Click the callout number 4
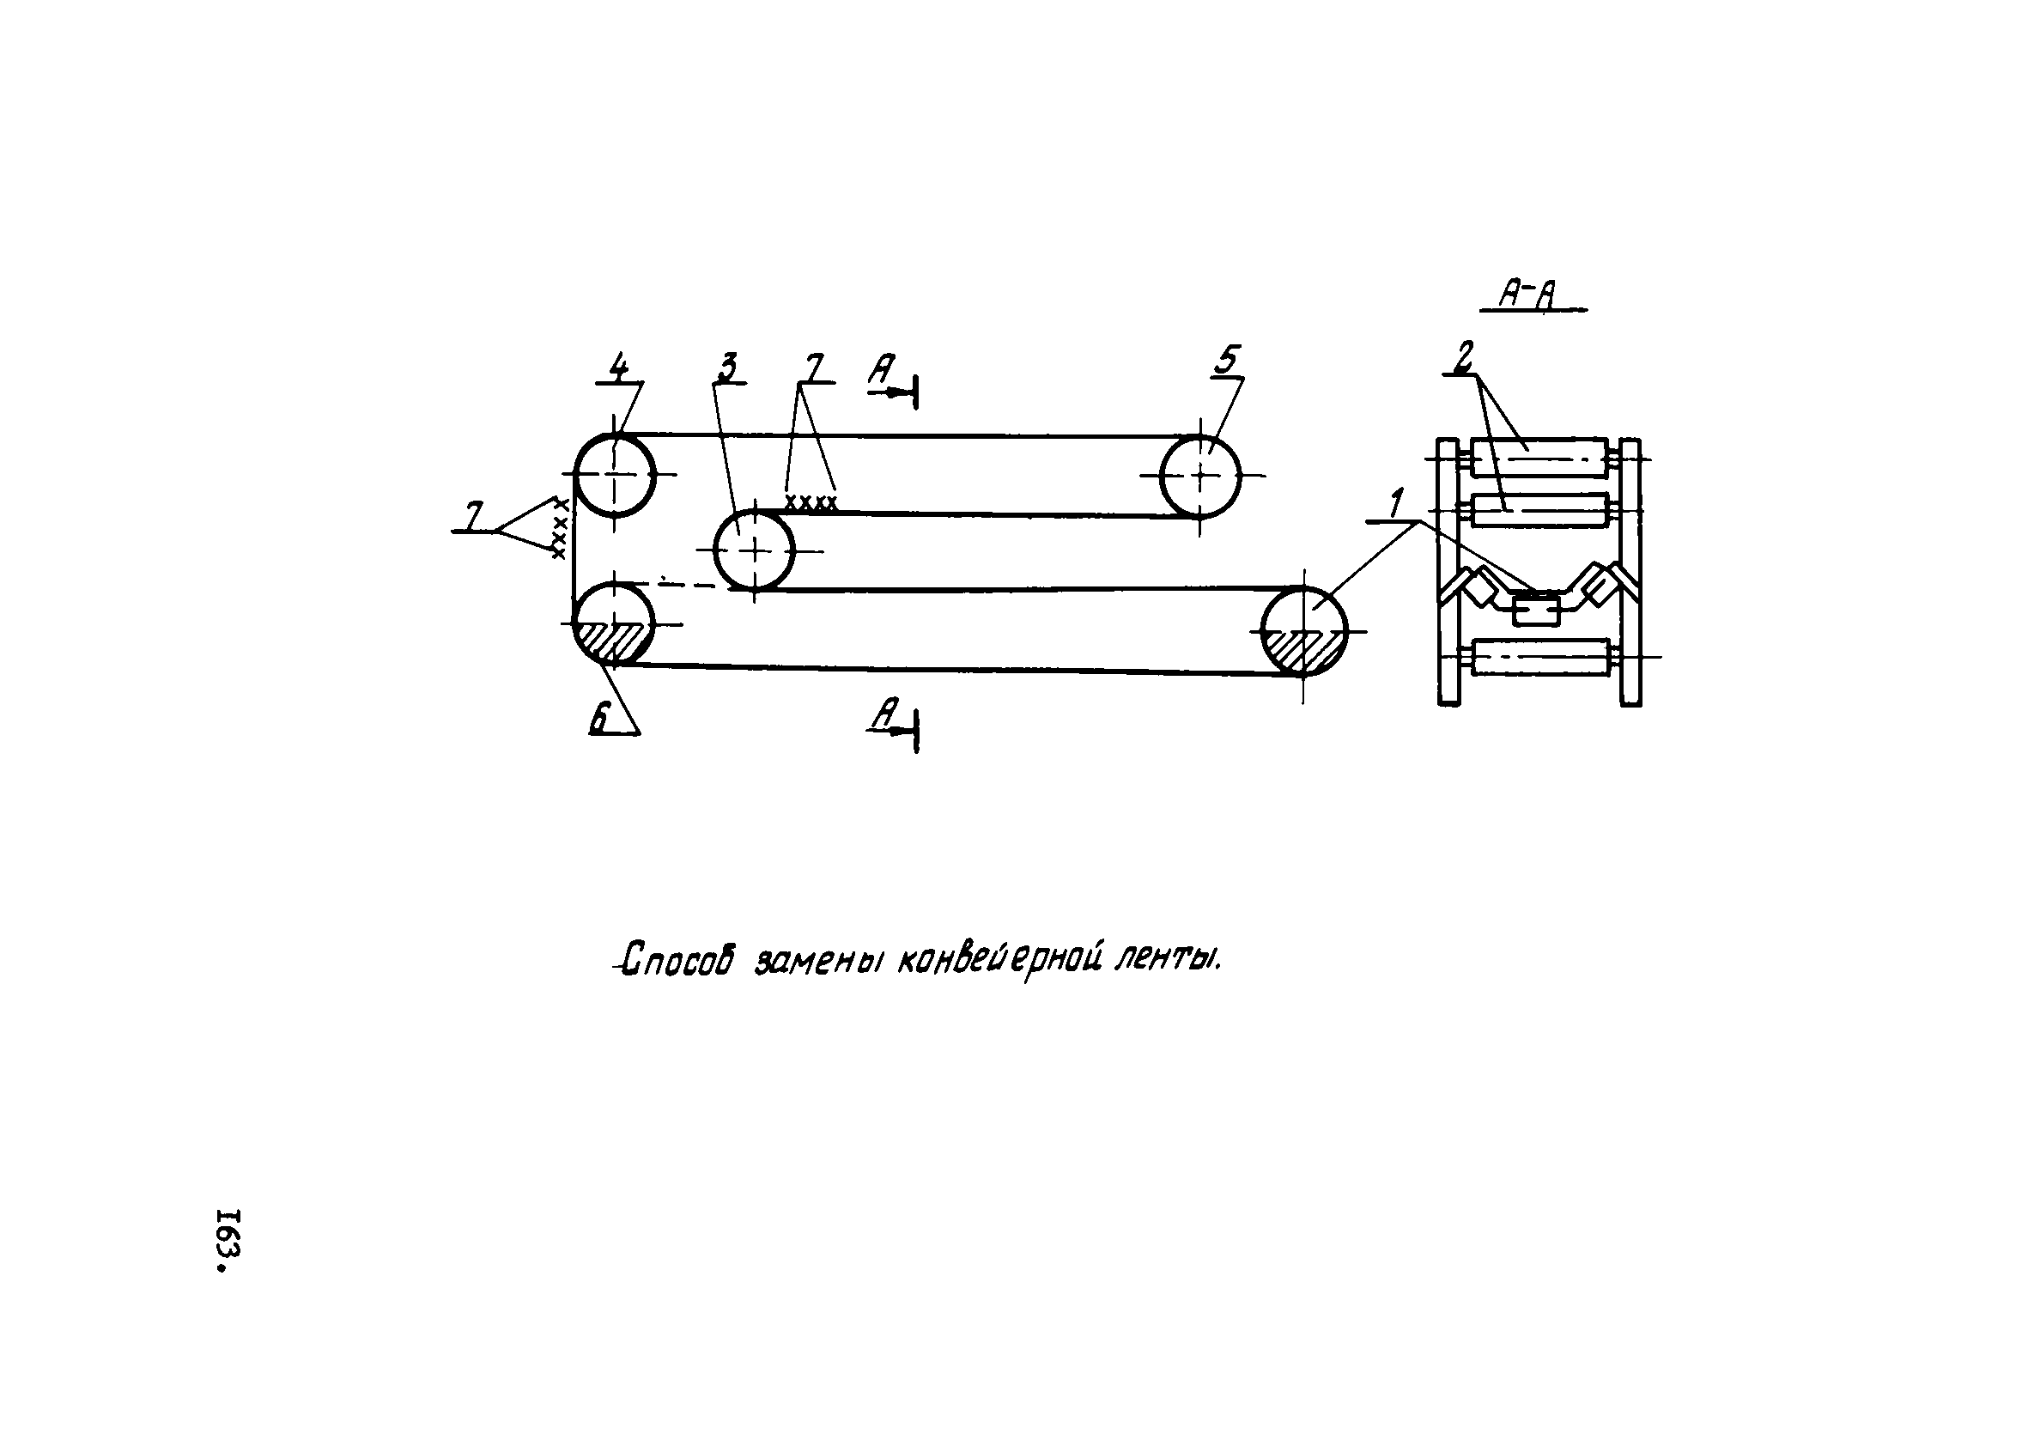[x=618, y=366]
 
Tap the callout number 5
[x=1226, y=361]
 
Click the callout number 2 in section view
[x=1462, y=357]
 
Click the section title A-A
[x=1531, y=295]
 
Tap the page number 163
[x=228, y=1240]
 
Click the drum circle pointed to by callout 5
[x=1200, y=477]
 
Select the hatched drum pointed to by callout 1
[x=1303, y=630]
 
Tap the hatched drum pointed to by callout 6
[x=613, y=623]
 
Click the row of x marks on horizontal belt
[x=811, y=504]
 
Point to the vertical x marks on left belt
[x=559, y=527]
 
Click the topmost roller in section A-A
[x=1539, y=459]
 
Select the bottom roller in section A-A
[x=1539, y=657]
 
